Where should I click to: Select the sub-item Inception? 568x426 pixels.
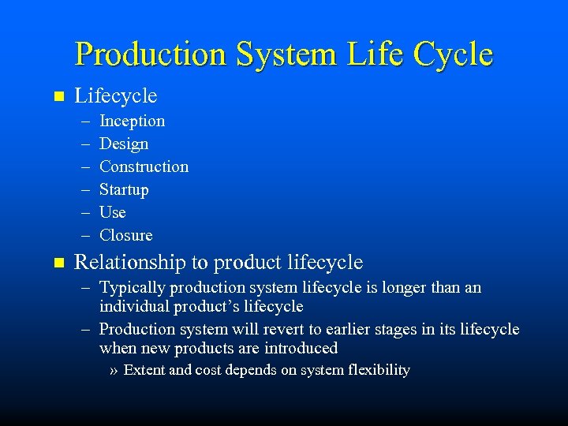click(132, 121)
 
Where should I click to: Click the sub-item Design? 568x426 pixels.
click(124, 144)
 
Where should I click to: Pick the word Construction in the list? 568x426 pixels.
click(144, 166)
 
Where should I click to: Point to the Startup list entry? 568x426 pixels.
click(124, 189)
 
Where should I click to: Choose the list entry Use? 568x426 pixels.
click(113, 212)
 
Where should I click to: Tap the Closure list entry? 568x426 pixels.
click(126, 235)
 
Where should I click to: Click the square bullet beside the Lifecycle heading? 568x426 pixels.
click(56, 97)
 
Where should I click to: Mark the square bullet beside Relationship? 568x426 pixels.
click(56, 262)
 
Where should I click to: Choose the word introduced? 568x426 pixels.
click(301, 348)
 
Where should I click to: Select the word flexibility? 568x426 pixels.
click(378, 370)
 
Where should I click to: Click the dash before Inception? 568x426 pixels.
click(84, 121)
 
